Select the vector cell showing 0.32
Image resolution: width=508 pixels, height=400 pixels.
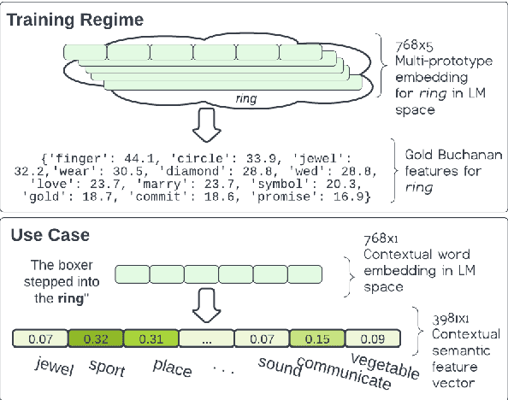tap(96, 340)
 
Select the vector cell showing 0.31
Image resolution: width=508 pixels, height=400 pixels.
tap(151, 340)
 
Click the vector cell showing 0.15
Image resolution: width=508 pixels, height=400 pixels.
tap(316, 340)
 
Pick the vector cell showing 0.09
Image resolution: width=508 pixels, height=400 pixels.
tap(370, 340)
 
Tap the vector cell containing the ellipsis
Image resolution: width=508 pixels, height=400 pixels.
tap(206, 340)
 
